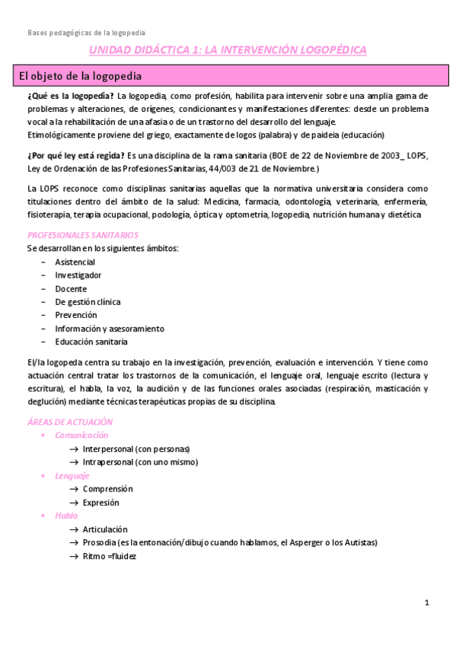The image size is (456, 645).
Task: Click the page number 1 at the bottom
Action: tap(427, 602)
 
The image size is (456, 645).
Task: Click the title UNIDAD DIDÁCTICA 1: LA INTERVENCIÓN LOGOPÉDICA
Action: tap(228, 50)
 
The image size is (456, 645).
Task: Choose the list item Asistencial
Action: tap(75, 262)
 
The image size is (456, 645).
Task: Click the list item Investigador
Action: tap(78, 275)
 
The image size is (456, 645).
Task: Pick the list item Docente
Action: tap(71, 289)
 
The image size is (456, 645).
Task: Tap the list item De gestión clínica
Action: tap(88, 302)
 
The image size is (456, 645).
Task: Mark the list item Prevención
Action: tap(76, 315)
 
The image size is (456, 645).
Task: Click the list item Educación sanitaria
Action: tap(89, 342)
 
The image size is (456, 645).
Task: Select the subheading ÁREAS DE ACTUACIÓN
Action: tap(69, 421)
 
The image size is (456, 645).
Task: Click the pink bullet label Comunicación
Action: tap(81, 435)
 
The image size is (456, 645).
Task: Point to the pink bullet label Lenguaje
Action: tap(72, 475)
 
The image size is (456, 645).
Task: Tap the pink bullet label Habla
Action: tap(65, 516)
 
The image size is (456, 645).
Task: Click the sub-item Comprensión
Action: tap(107, 489)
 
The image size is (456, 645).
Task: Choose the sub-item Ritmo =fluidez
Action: tap(109, 556)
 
